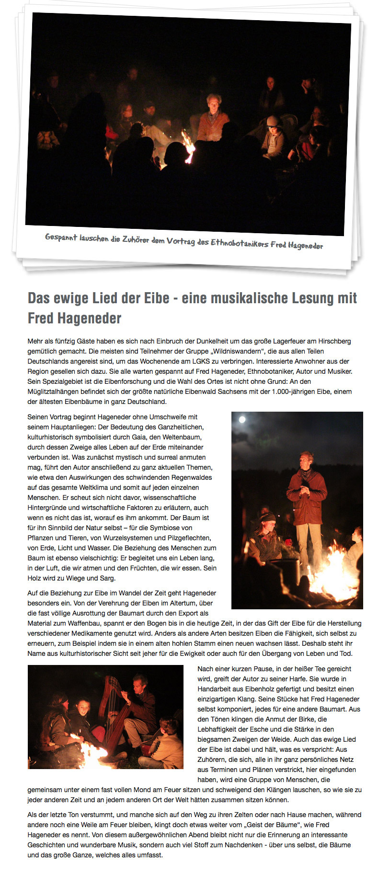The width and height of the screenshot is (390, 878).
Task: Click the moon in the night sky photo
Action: point(242,420)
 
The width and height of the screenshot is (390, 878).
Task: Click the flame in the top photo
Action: point(188,146)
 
